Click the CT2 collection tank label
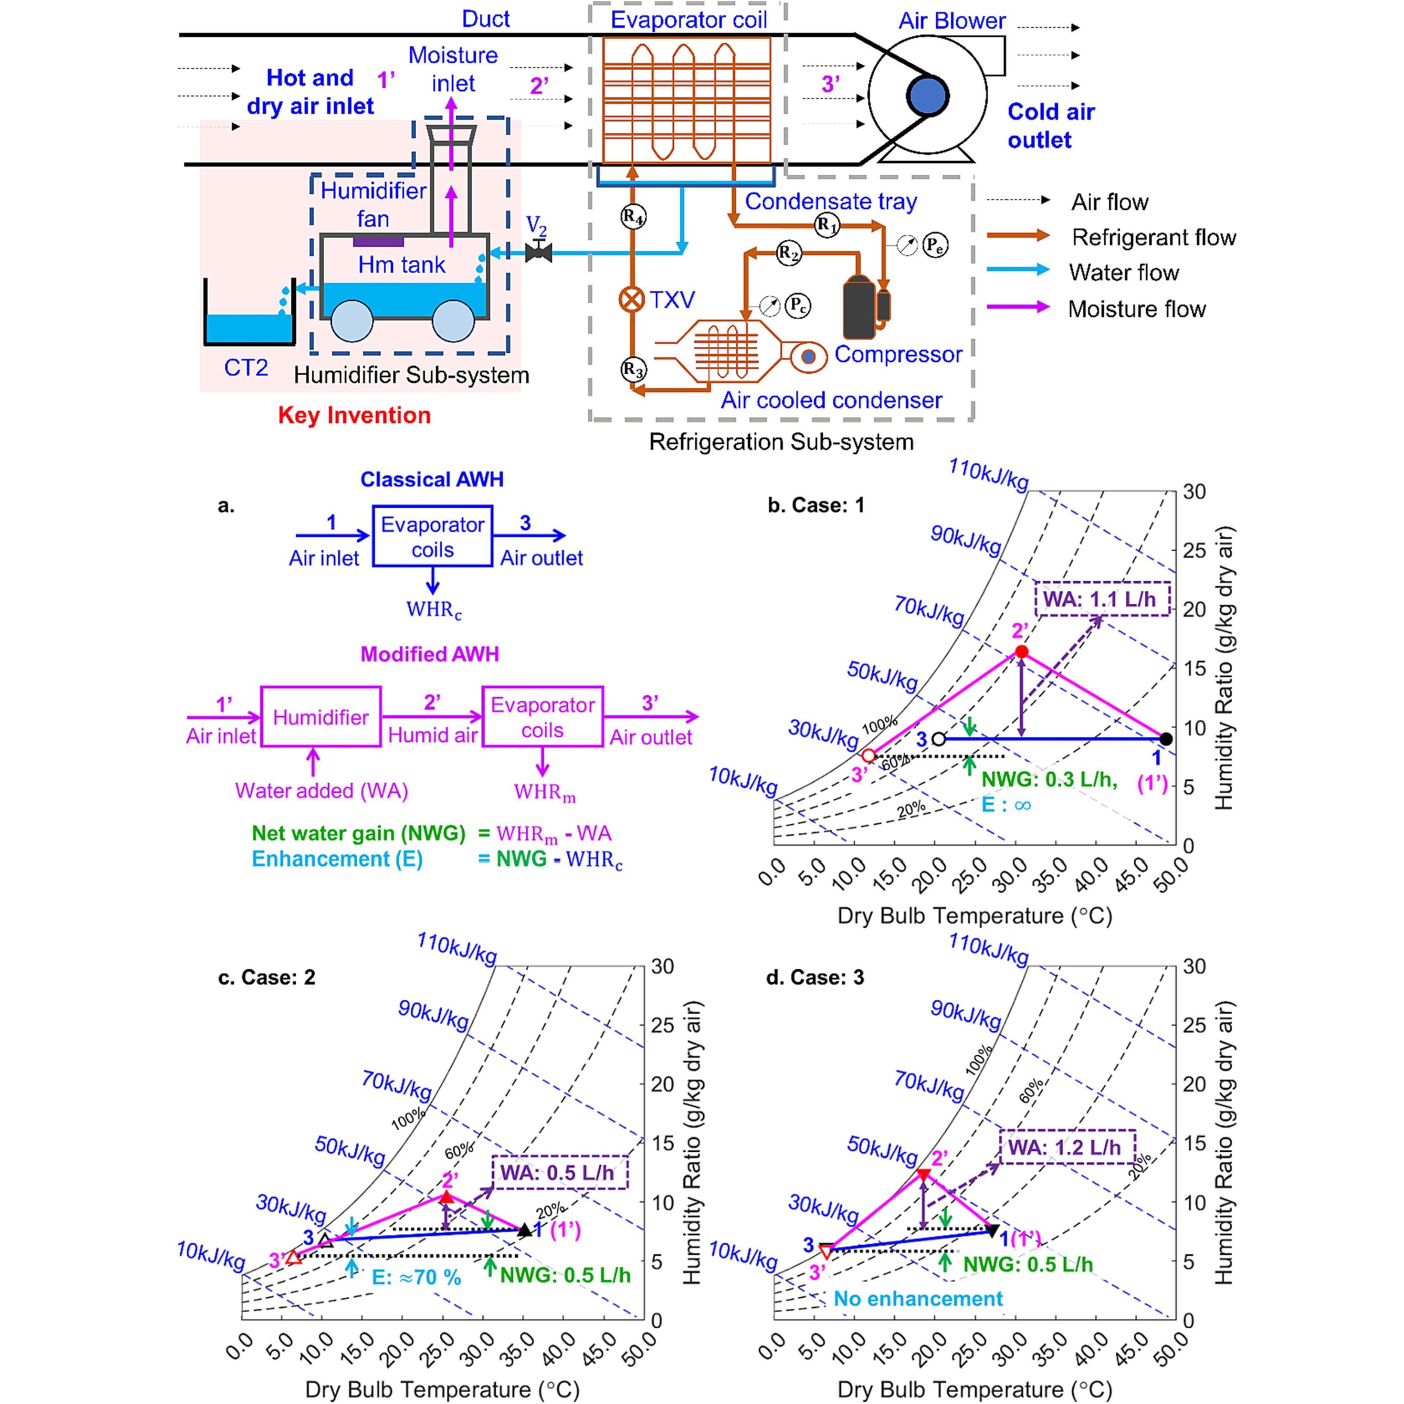[246, 368]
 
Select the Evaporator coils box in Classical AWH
[432, 536]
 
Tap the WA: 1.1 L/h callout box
[1102, 599]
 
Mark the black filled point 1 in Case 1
[1166, 738]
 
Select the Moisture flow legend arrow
[1017, 307]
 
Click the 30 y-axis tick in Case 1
[1194, 492]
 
